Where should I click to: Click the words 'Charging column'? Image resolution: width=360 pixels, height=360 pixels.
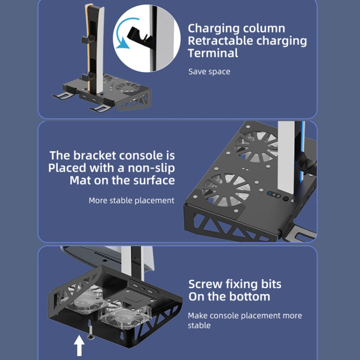click(x=236, y=28)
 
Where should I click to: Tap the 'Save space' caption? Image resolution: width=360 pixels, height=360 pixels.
click(x=209, y=72)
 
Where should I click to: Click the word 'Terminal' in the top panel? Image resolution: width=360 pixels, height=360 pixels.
click(x=213, y=53)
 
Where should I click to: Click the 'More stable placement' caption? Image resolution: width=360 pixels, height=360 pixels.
click(x=131, y=200)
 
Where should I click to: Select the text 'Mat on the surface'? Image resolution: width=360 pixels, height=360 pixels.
click(x=122, y=180)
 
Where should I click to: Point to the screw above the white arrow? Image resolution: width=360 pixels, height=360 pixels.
click(x=89, y=329)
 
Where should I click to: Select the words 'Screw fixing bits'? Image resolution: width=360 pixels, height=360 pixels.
click(x=235, y=284)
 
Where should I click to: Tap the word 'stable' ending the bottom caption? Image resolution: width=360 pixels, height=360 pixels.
click(x=199, y=325)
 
